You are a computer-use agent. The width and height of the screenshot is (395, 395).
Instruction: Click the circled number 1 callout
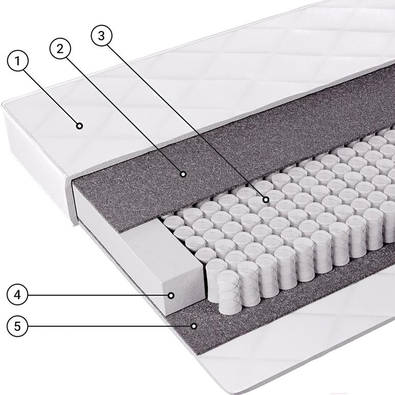(17, 61)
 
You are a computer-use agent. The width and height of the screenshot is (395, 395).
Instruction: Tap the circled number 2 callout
(60, 48)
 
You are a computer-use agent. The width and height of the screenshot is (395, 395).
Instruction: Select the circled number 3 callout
(101, 36)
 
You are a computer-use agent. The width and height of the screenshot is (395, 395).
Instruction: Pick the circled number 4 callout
(17, 295)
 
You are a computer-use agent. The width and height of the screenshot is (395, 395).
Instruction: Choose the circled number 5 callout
(17, 326)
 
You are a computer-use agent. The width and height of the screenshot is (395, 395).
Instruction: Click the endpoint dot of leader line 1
(80, 125)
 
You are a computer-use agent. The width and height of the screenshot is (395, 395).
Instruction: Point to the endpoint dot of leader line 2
(183, 174)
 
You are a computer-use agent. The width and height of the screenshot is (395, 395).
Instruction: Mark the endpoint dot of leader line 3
(265, 200)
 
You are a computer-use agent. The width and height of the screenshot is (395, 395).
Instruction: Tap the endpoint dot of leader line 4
(171, 295)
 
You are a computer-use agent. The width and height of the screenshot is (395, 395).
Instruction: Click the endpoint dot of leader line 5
(194, 326)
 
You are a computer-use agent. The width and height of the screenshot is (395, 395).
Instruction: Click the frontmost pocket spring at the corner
(228, 292)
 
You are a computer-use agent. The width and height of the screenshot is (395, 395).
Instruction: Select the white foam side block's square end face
(184, 287)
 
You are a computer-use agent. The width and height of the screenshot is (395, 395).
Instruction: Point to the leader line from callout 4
(98, 295)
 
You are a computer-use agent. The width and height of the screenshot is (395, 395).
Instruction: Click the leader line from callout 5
(109, 326)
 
